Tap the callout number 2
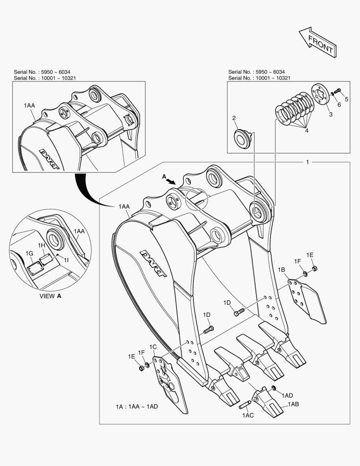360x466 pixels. tap(234, 118)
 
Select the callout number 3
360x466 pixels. tap(331, 114)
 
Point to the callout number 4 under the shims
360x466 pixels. tap(307, 130)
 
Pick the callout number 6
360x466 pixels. tap(339, 104)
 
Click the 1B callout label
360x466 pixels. tap(281, 270)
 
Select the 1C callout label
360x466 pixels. tap(153, 347)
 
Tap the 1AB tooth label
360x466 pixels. tap(293, 404)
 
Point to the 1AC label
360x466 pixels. tap(247, 415)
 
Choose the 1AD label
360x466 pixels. tap(288, 395)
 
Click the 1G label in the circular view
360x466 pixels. tap(29, 253)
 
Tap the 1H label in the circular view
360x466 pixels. tap(41, 245)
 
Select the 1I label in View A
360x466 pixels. tap(66, 259)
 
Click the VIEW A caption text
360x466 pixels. tap(50, 296)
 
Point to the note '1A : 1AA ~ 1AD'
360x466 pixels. tap(136, 407)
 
